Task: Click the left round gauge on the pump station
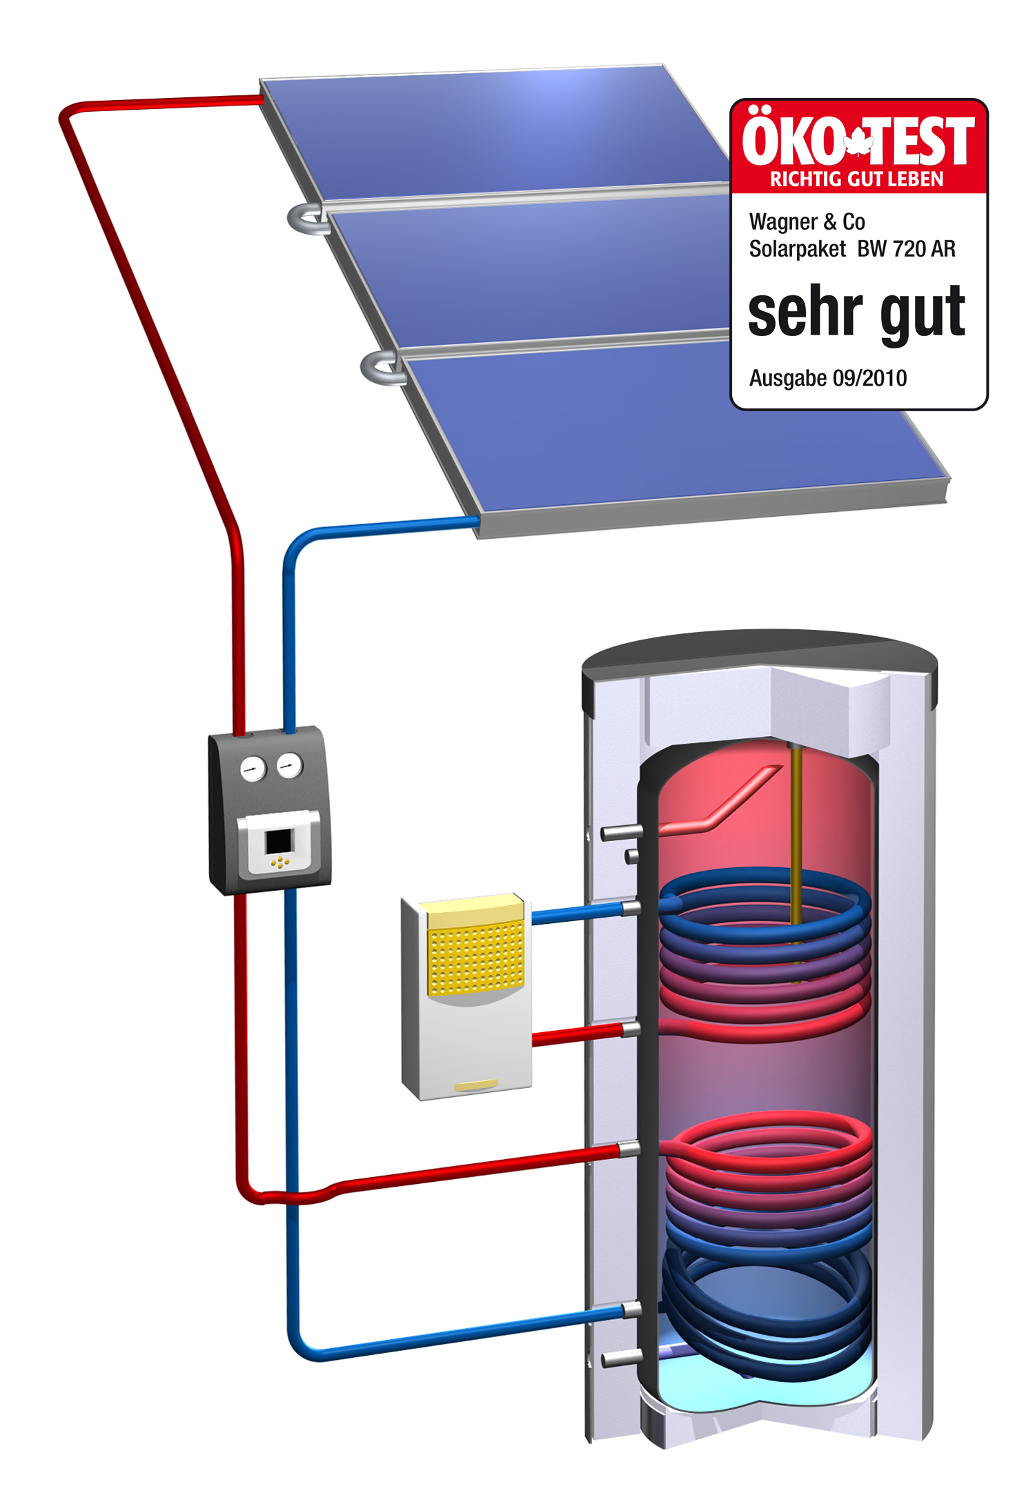(253, 769)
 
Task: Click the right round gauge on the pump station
(289, 765)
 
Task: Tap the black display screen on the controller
(279, 841)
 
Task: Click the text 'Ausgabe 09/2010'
(827, 378)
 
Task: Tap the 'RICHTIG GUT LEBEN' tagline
(856, 179)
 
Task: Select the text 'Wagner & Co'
(807, 222)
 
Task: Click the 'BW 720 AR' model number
(906, 248)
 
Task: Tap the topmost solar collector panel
(497, 131)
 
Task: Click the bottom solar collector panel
(676, 428)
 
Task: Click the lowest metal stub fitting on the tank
(621, 1358)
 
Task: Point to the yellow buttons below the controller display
(279, 862)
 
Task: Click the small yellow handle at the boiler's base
(475, 1085)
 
